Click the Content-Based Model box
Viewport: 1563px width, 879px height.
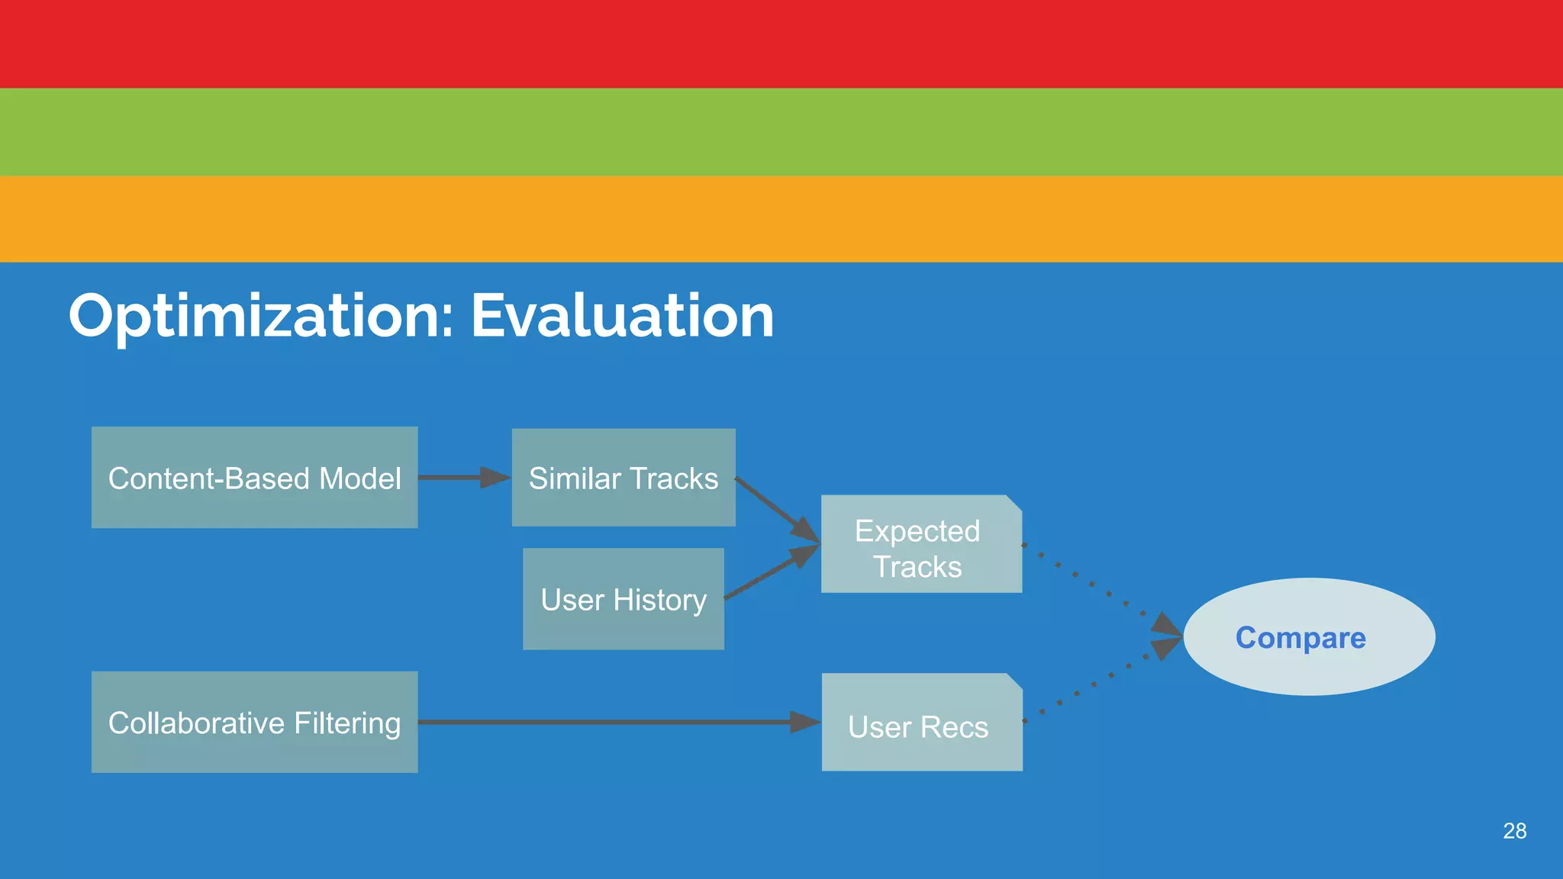[x=254, y=478]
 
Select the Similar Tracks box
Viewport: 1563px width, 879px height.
[x=624, y=478]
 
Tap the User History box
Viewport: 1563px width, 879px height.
[x=624, y=599]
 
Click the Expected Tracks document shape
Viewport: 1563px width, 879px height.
[x=921, y=545]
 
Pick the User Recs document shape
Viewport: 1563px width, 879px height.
[x=921, y=723]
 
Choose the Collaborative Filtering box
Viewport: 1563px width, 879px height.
[x=254, y=722]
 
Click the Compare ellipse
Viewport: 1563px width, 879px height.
[x=1308, y=636]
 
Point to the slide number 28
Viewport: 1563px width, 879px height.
[x=1514, y=831]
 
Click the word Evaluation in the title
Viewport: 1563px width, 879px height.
[x=622, y=316]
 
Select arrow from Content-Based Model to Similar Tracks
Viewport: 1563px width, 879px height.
[x=462, y=478]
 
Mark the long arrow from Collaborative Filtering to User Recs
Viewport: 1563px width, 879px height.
[x=611, y=722]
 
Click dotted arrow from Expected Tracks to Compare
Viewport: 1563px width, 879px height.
[x=1099, y=587]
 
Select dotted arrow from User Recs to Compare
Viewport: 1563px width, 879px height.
[x=1099, y=681]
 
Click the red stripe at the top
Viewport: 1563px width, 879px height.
[x=781, y=43]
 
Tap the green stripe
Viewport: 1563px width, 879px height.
[x=781, y=132]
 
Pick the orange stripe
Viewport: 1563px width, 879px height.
[x=781, y=219]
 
